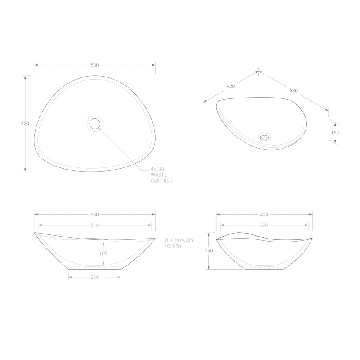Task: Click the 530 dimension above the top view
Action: pos(95,65)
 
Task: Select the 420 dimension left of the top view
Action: pos(25,123)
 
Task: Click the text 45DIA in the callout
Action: pos(157,170)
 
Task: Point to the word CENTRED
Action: pos(162,181)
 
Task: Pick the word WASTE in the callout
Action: pos(159,175)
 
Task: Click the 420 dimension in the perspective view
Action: pos(231,86)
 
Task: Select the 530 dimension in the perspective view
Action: pos(293,90)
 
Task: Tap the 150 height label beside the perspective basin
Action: pos(335,132)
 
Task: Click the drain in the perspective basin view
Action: pos(265,136)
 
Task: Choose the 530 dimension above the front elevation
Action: pos(95,214)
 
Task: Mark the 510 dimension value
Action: pos(95,225)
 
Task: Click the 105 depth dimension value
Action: pos(104,253)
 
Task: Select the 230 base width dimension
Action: pos(95,277)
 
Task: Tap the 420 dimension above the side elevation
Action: pos(264,214)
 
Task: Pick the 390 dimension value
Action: pos(264,225)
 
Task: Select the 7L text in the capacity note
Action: pos(167,240)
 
